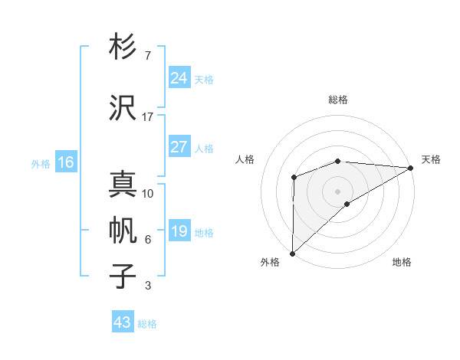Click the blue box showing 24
point(179,77)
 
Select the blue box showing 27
point(179,147)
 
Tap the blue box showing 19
point(179,231)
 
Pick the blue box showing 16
point(66,162)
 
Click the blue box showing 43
point(123,322)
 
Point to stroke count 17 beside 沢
point(148,116)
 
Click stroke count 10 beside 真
point(148,193)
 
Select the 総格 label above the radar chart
point(338,100)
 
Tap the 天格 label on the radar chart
point(431,159)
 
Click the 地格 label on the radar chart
point(402,262)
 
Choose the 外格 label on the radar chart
point(270,262)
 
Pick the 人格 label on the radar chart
point(245,159)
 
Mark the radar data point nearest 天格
point(411,167)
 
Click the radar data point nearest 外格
point(292,253)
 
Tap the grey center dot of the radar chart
point(337,190)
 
